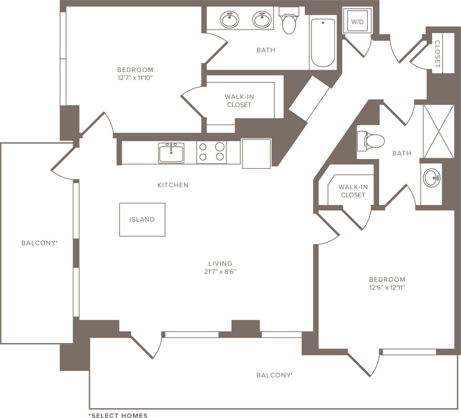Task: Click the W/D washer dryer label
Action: [x=357, y=21]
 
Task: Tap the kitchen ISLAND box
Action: [x=142, y=219]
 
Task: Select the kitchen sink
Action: [x=171, y=153]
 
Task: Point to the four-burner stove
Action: [x=212, y=152]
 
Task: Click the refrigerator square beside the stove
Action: [x=256, y=153]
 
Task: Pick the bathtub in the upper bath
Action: [x=323, y=43]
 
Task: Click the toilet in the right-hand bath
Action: [x=371, y=141]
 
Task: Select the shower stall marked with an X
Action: [x=439, y=131]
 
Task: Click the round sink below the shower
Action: [x=431, y=178]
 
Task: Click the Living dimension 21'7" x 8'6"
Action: [x=220, y=271]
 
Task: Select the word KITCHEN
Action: [x=173, y=185]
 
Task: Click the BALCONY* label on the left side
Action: [x=40, y=243]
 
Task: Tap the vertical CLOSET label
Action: [x=437, y=54]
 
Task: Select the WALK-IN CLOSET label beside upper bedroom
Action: [x=239, y=101]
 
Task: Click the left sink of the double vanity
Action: [x=229, y=19]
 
